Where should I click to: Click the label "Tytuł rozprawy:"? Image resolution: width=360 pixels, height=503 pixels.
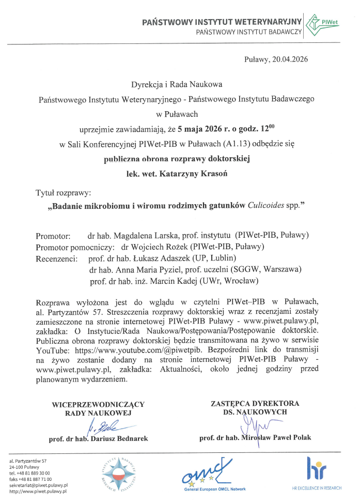pos(63,193)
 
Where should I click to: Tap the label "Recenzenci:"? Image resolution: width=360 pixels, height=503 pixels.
pos(57,257)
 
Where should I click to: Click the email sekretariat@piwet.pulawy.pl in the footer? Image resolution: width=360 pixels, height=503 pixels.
pos(39,485)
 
